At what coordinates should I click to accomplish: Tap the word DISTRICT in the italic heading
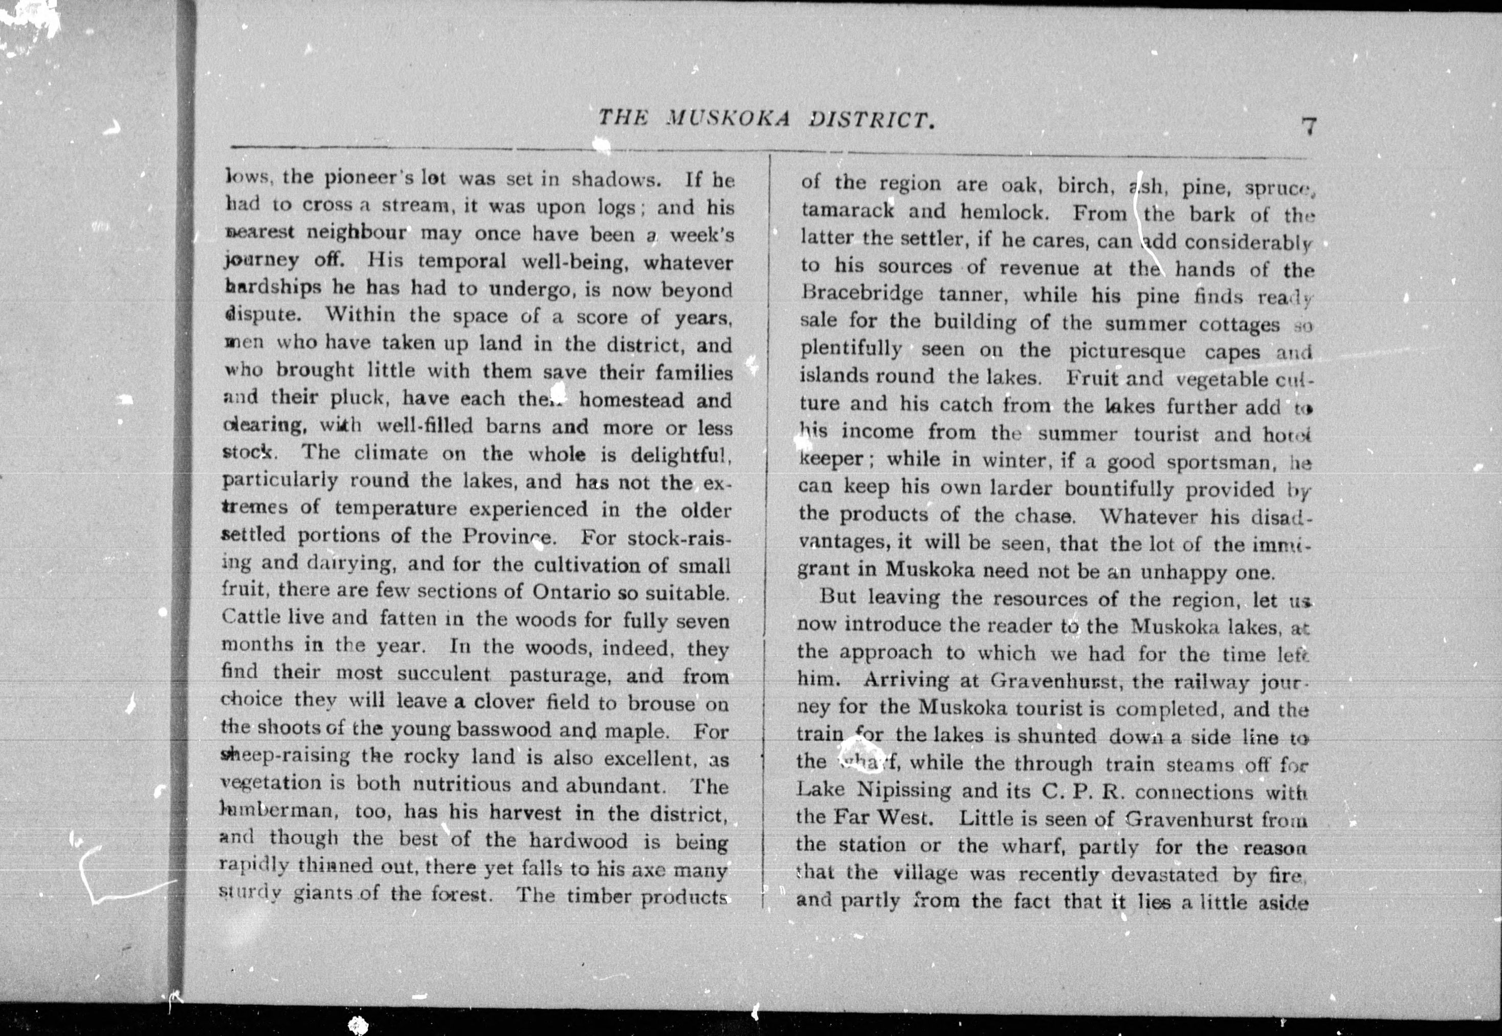tap(871, 120)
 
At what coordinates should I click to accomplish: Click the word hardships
tap(273, 288)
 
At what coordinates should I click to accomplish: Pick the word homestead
tap(631, 400)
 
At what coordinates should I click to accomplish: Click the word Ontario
tap(571, 592)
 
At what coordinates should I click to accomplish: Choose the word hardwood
tap(578, 841)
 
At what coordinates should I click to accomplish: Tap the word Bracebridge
tap(862, 293)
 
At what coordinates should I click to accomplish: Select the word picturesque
tap(1127, 352)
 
